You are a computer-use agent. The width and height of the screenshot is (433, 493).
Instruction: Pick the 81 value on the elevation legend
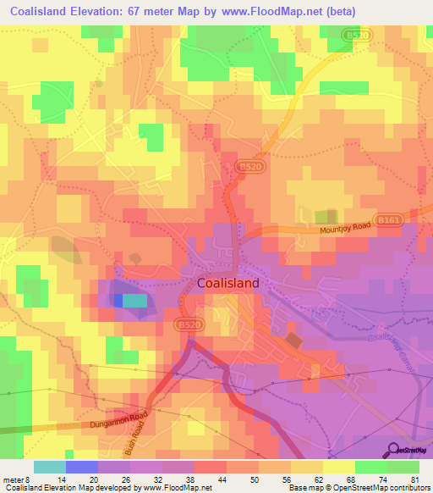[414, 479]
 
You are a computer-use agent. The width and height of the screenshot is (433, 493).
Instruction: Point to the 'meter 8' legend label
[19, 479]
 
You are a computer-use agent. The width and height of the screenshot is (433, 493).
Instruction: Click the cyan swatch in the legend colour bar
[49, 467]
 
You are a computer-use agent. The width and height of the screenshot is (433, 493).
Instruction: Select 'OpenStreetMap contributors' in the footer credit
[381, 488]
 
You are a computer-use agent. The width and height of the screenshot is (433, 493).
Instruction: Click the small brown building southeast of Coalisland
[293, 340]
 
